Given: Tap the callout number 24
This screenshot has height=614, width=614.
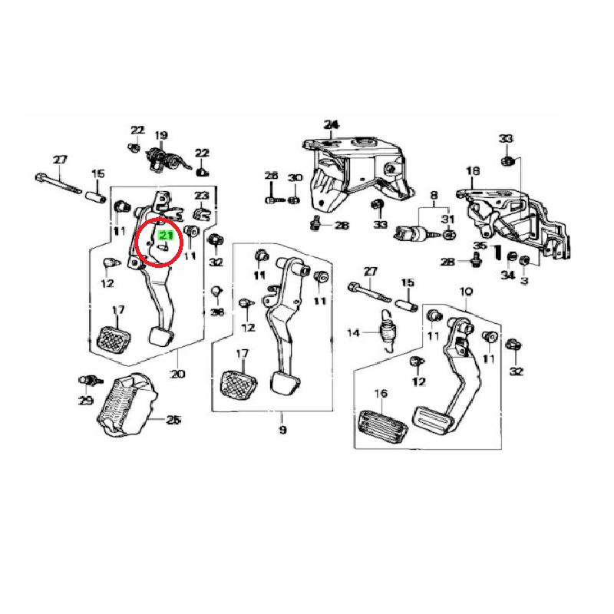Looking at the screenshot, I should pyautogui.click(x=331, y=124).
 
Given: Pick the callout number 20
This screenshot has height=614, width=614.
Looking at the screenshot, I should pyautogui.click(x=178, y=375).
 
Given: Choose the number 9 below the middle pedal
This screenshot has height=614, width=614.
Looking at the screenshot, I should pyautogui.click(x=282, y=430).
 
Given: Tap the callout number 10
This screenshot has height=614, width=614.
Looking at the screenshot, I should pyautogui.click(x=466, y=292).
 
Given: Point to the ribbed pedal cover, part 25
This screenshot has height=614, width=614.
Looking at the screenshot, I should pyautogui.click(x=127, y=407).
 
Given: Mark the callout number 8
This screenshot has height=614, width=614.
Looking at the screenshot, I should pyautogui.click(x=433, y=196).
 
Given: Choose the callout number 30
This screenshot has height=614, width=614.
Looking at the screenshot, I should pyautogui.click(x=295, y=178).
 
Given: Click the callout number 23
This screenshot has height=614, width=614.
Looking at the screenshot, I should pyautogui.click(x=201, y=196).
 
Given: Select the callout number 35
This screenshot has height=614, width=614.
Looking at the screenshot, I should pyautogui.click(x=479, y=246).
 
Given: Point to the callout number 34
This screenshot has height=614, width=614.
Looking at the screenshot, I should pyautogui.click(x=507, y=275).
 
